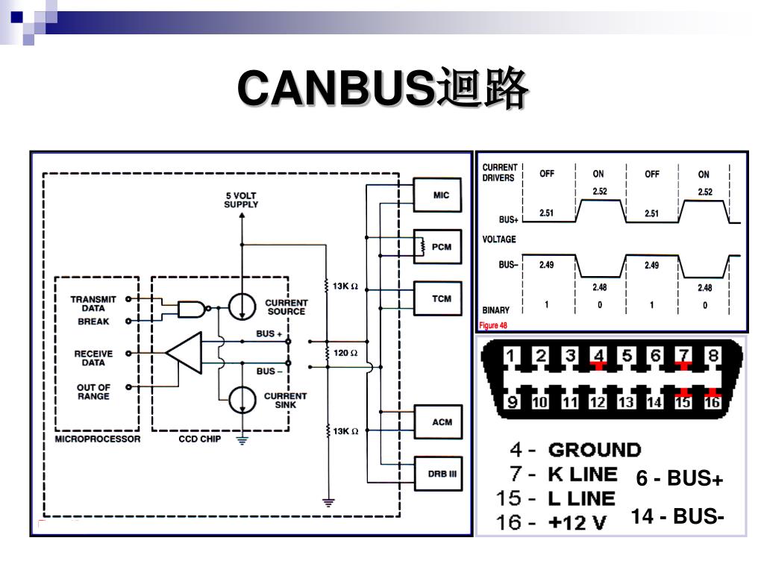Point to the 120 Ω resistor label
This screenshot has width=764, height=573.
pos(345,353)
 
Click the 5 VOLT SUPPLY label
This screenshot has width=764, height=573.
pos(241,200)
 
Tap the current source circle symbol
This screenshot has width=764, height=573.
pos(242,307)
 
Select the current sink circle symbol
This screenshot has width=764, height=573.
pos(242,400)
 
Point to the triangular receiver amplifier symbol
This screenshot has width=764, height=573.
pos(184,353)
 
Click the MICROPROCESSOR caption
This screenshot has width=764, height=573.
pos(98,439)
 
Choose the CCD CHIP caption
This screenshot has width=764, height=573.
pos(200,439)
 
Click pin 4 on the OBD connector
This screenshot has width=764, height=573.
pos(599,355)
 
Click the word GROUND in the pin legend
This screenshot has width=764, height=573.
pos(595,450)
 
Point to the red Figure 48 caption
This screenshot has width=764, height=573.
pos(493,325)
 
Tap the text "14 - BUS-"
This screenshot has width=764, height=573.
pos(677,516)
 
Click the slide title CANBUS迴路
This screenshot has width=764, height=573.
pos(383,88)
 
